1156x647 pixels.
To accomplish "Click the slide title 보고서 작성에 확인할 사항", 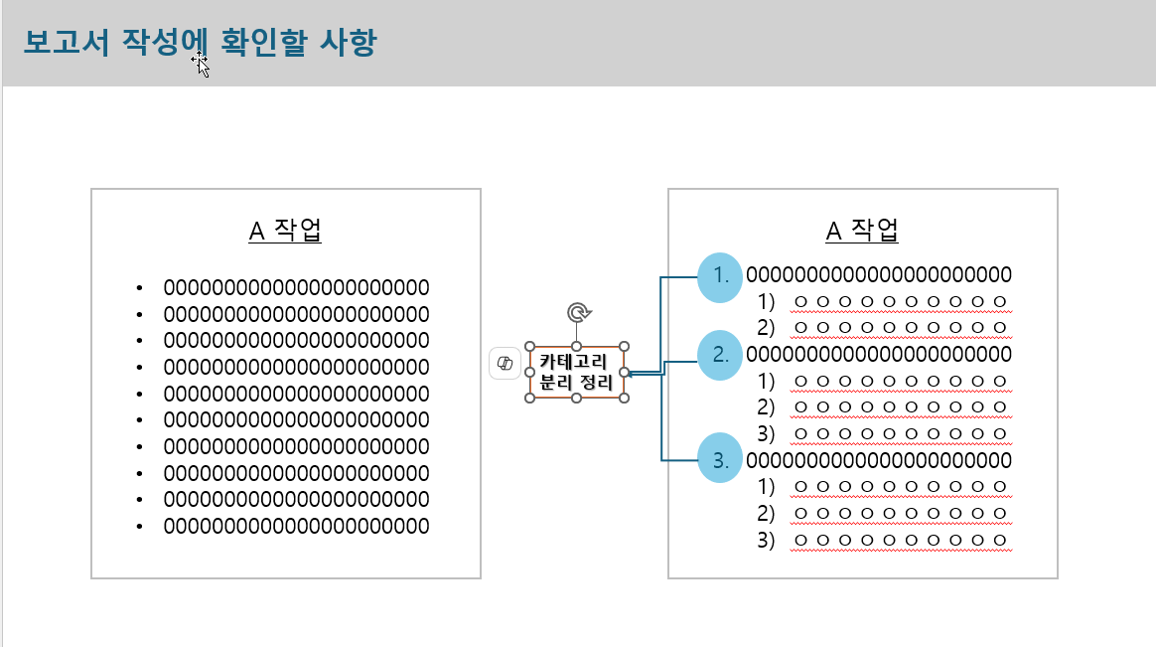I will tap(199, 43).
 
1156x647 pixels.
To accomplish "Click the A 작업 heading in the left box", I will tap(285, 231).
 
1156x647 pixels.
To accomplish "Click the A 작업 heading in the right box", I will tap(862, 231).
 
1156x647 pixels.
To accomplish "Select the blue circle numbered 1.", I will tap(720, 276).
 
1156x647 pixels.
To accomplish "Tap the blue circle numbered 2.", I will tap(720, 355).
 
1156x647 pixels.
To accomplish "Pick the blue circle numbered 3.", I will tap(720, 460).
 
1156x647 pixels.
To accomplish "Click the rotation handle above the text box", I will tap(577, 314).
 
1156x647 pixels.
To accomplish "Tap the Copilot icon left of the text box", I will tap(505, 364).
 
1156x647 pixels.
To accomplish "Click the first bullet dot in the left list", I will tap(140, 289).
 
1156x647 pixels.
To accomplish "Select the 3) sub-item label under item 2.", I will tap(766, 433).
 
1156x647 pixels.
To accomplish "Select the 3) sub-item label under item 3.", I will tap(766, 541).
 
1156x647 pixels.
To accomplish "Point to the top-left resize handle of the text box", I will tap(529, 347).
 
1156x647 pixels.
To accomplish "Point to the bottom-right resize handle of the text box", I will tap(625, 398).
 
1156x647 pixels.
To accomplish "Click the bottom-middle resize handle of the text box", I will tap(577, 398).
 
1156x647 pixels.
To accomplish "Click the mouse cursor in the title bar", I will tap(202, 65).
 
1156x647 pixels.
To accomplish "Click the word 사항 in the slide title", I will tap(350, 43).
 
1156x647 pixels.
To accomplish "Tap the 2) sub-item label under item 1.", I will tap(766, 327).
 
